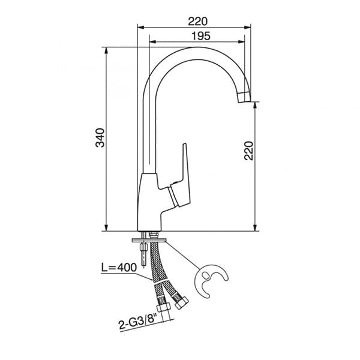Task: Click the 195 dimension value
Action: (201, 36)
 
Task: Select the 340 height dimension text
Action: (100, 138)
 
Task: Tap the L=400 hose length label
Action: (119, 268)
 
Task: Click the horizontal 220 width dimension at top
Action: (197, 22)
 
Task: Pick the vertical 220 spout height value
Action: (248, 151)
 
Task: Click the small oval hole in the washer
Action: (205, 275)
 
